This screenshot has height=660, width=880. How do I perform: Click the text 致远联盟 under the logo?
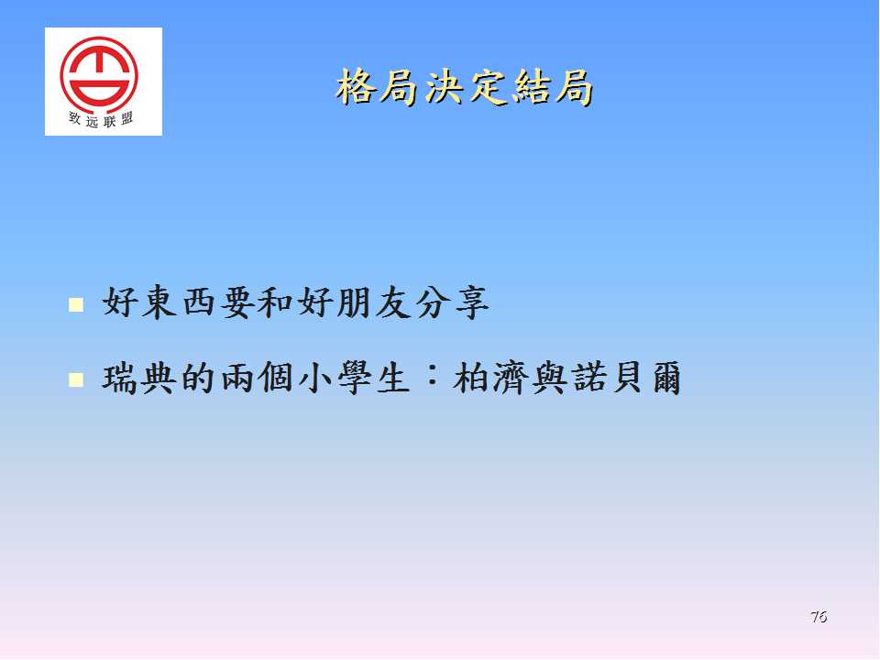(101, 119)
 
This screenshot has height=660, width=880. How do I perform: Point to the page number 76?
(819, 617)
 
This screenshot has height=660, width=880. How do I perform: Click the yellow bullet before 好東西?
(76, 304)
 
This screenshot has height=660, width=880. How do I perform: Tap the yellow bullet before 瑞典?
(76, 379)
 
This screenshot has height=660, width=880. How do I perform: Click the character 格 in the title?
(357, 87)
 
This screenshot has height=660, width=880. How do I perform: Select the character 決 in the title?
(444, 87)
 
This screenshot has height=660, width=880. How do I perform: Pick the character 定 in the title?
(487, 87)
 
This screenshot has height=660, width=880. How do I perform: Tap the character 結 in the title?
(531, 87)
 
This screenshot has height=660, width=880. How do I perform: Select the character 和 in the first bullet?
(276, 303)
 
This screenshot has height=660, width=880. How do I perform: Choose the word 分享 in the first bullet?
(452, 303)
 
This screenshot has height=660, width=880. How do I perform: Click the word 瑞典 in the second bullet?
(139, 378)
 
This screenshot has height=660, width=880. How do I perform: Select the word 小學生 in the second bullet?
(354, 378)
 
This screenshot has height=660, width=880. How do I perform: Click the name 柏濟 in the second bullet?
(491, 378)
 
